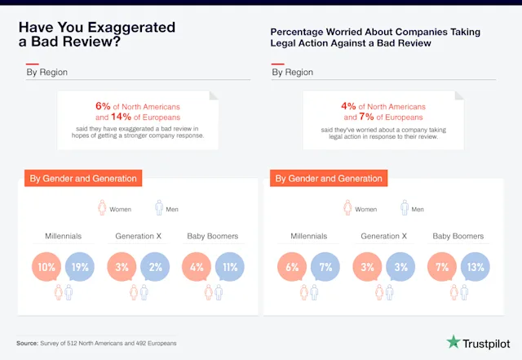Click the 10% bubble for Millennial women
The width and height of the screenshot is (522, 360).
tap(46, 267)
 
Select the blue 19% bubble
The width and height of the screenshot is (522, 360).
tap(80, 267)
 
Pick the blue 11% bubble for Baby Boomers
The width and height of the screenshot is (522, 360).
tap(229, 267)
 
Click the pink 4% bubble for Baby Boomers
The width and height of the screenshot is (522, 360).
tap(196, 267)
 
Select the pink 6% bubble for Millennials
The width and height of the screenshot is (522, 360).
tap(292, 267)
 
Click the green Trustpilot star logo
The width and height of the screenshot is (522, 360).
tap(453, 341)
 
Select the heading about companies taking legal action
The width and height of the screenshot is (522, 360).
tap(375, 37)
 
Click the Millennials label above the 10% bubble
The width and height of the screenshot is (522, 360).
tap(64, 236)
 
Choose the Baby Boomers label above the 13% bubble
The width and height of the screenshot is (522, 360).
tap(458, 236)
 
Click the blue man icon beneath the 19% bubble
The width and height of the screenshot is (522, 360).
tap(69, 292)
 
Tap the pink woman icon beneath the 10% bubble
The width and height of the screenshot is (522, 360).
tap(57, 292)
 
